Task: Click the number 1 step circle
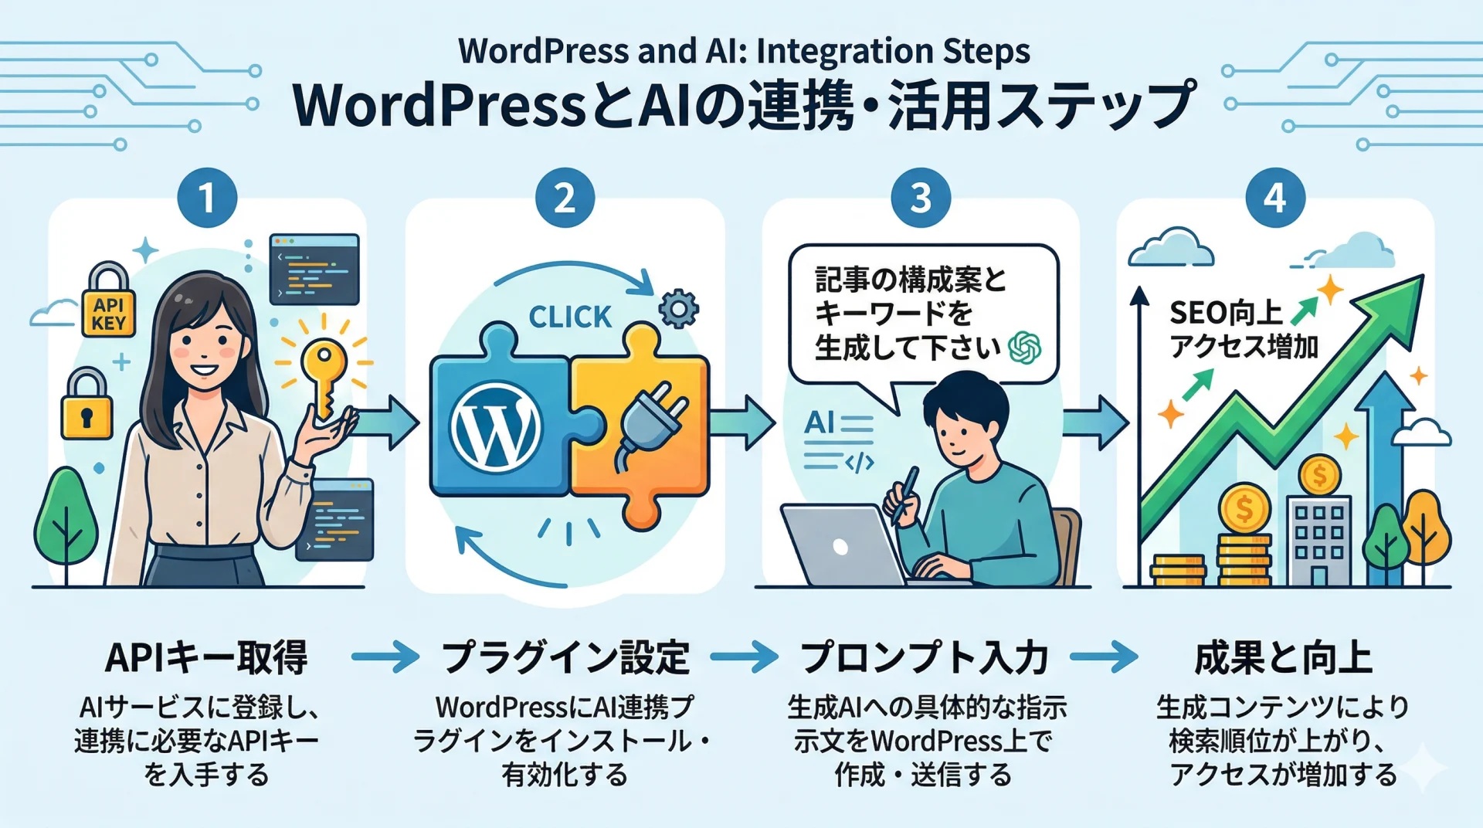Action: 207,198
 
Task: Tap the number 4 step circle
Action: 1275,198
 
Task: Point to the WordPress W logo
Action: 496,427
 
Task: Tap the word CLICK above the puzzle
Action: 570,317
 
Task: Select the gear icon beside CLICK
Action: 678,309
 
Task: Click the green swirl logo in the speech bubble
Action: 1025,348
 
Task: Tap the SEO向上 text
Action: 1226,314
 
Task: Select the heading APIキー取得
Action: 206,657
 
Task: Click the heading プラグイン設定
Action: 565,657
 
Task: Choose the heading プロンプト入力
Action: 924,657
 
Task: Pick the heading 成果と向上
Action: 1283,657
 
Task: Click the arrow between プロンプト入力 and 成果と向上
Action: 1104,657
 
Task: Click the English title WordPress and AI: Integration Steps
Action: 743,51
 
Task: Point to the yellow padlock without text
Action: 87,405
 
